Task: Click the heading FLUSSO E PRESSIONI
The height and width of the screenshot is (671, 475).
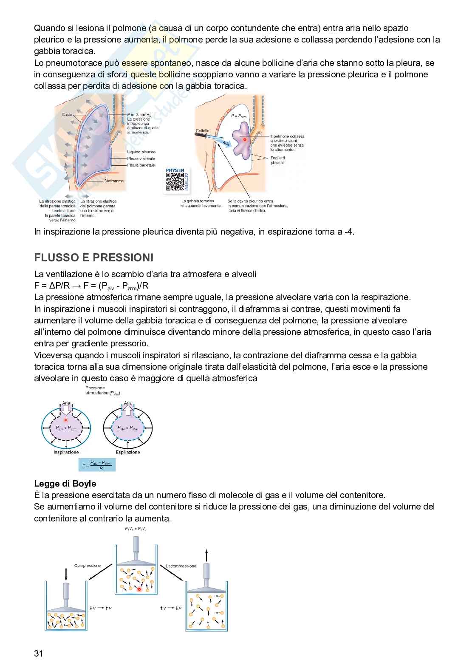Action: pyautogui.click(x=93, y=258)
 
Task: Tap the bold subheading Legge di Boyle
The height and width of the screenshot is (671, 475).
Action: pyautogui.click(x=65, y=484)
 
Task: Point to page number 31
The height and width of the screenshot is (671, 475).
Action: pyautogui.click(x=39, y=653)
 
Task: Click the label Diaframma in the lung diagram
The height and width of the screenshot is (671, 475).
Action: pyautogui.click(x=114, y=181)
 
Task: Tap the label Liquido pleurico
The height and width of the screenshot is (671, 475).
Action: pyautogui.click(x=141, y=152)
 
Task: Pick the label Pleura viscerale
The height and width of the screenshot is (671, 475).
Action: pyautogui.click(x=141, y=159)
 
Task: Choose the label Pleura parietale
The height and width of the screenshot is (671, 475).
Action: pyautogui.click(x=141, y=165)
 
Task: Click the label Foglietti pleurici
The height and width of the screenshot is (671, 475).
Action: pyautogui.click(x=278, y=160)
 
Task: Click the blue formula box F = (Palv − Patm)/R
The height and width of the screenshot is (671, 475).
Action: pyautogui.click(x=97, y=465)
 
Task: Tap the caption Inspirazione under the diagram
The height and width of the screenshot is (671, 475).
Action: pyautogui.click(x=66, y=452)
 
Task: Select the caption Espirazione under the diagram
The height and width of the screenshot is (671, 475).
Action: pyautogui.click(x=127, y=452)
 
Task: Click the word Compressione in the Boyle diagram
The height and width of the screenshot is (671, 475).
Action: pyautogui.click(x=88, y=566)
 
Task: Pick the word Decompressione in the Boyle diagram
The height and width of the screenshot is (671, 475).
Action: pyautogui.click(x=181, y=566)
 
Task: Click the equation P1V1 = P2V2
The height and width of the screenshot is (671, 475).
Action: pyautogui.click(x=136, y=529)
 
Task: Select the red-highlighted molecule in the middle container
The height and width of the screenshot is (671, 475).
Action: pyautogui.click(x=139, y=589)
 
